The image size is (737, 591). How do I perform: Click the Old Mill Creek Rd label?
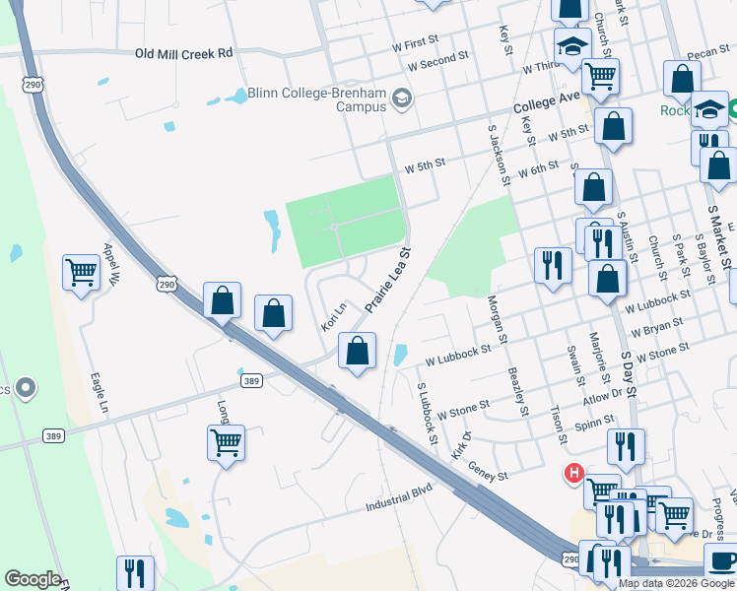(x=183, y=52)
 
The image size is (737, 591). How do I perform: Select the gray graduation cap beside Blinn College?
(x=402, y=98)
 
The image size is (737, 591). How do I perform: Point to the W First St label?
(x=415, y=44)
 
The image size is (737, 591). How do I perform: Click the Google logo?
(x=33, y=579)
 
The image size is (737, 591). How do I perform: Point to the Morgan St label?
(x=498, y=321)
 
